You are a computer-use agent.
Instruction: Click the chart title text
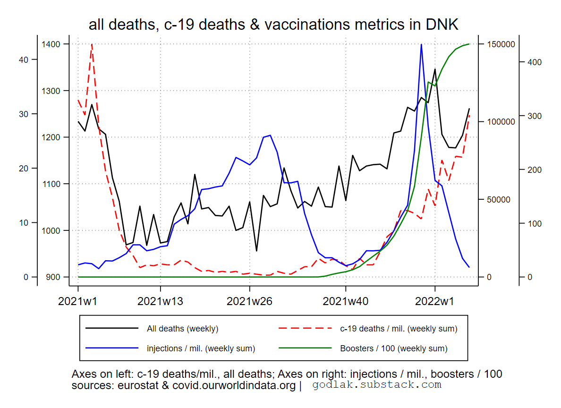pyautogui.click(x=273, y=25)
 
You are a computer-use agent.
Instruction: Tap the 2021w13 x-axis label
pyautogui.click(x=160, y=301)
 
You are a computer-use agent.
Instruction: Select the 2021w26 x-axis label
pyautogui.click(x=249, y=301)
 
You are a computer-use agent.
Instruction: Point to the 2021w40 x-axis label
pyautogui.click(x=346, y=301)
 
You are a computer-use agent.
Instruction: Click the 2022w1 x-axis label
pyautogui.click(x=435, y=301)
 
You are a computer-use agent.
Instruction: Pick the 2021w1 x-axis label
pyautogui.click(x=78, y=301)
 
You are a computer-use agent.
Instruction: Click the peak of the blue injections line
pyautogui.click(x=421, y=44)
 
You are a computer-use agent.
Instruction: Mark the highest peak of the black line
pyautogui.click(x=435, y=69)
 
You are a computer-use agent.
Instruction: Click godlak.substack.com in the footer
pyautogui.click(x=377, y=385)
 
